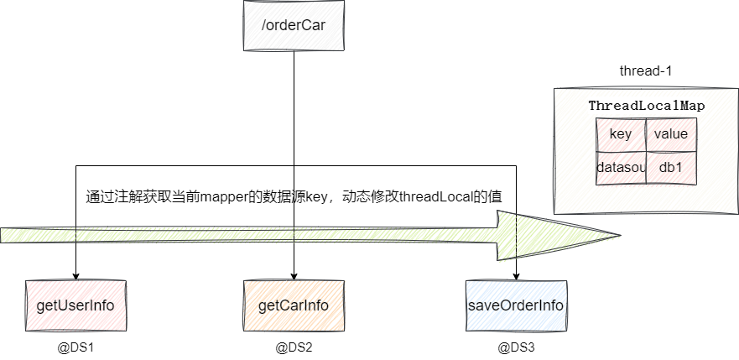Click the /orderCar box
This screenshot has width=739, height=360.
point(294,24)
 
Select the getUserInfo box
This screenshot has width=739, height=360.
point(75,304)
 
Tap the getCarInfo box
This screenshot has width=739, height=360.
point(294,304)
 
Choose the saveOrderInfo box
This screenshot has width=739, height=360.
point(515,304)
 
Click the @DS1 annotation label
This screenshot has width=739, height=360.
point(75,346)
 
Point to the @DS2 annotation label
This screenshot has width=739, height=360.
point(294,346)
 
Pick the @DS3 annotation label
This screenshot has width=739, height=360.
point(515,346)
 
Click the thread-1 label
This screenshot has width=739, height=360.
point(645,71)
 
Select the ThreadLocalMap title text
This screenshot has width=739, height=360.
point(646,106)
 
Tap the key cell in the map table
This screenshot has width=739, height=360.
point(621,134)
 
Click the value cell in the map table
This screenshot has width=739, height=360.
point(671,134)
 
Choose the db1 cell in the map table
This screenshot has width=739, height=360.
point(671,168)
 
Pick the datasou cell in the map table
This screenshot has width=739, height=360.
point(621,168)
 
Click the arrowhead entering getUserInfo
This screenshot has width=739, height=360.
point(75,276)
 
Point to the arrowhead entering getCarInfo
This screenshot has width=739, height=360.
point(294,276)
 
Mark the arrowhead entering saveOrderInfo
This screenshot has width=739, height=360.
point(515,276)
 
